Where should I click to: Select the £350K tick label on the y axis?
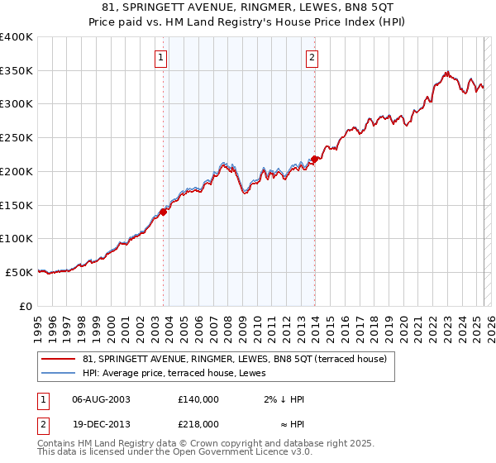17,71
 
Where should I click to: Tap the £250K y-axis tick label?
17,138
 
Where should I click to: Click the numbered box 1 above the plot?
160,57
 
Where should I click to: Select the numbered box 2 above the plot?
312,57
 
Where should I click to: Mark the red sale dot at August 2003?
164,212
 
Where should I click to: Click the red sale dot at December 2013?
315,160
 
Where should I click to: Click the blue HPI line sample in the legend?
59,373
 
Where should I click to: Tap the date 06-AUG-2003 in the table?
102,399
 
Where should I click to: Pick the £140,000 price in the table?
198,399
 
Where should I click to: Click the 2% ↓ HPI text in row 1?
284,399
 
